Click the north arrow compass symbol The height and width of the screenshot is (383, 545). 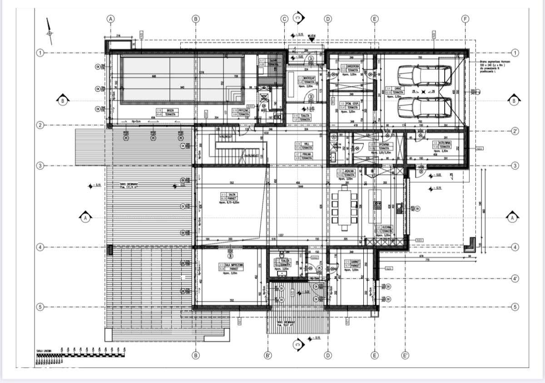(x=49, y=32)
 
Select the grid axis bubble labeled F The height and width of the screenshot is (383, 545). (x=465, y=19)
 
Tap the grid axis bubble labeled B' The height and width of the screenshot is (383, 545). (x=268, y=355)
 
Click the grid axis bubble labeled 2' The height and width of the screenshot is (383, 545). (x=515, y=131)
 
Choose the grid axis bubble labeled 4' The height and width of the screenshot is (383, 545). (x=515, y=278)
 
